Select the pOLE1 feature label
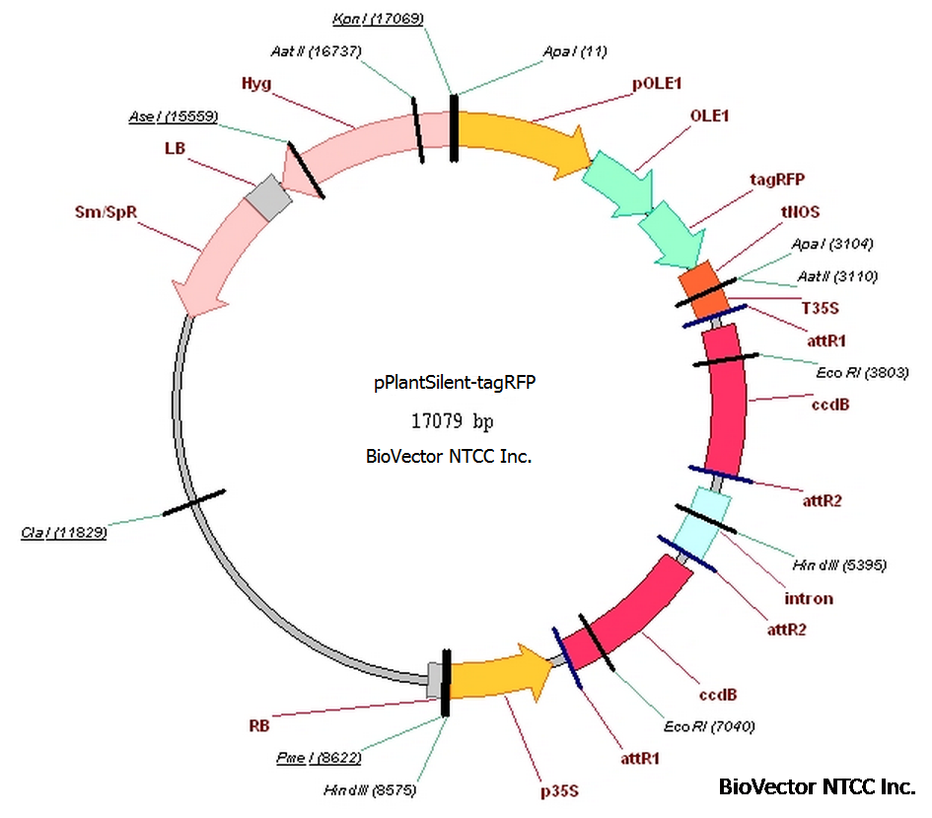tap(658, 84)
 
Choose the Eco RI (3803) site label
tap(862, 372)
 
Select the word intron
tap(808, 598)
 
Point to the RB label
tap(259, 725)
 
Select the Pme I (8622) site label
tap(318, 758)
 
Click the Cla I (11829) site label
tap(63, 533)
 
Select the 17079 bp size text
tap(453, 420)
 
